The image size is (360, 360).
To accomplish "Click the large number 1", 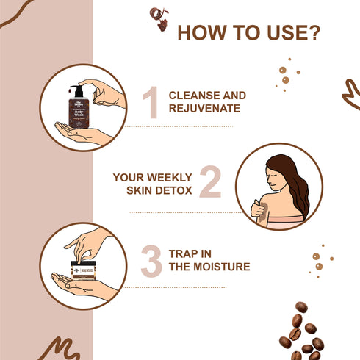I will click(151, 102).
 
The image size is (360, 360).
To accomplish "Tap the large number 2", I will click(210, 183).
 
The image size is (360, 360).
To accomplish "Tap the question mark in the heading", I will click(313, 34).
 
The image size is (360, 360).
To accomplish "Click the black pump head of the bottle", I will click(76, 90).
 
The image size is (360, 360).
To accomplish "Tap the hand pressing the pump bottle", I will click(103, 91).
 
